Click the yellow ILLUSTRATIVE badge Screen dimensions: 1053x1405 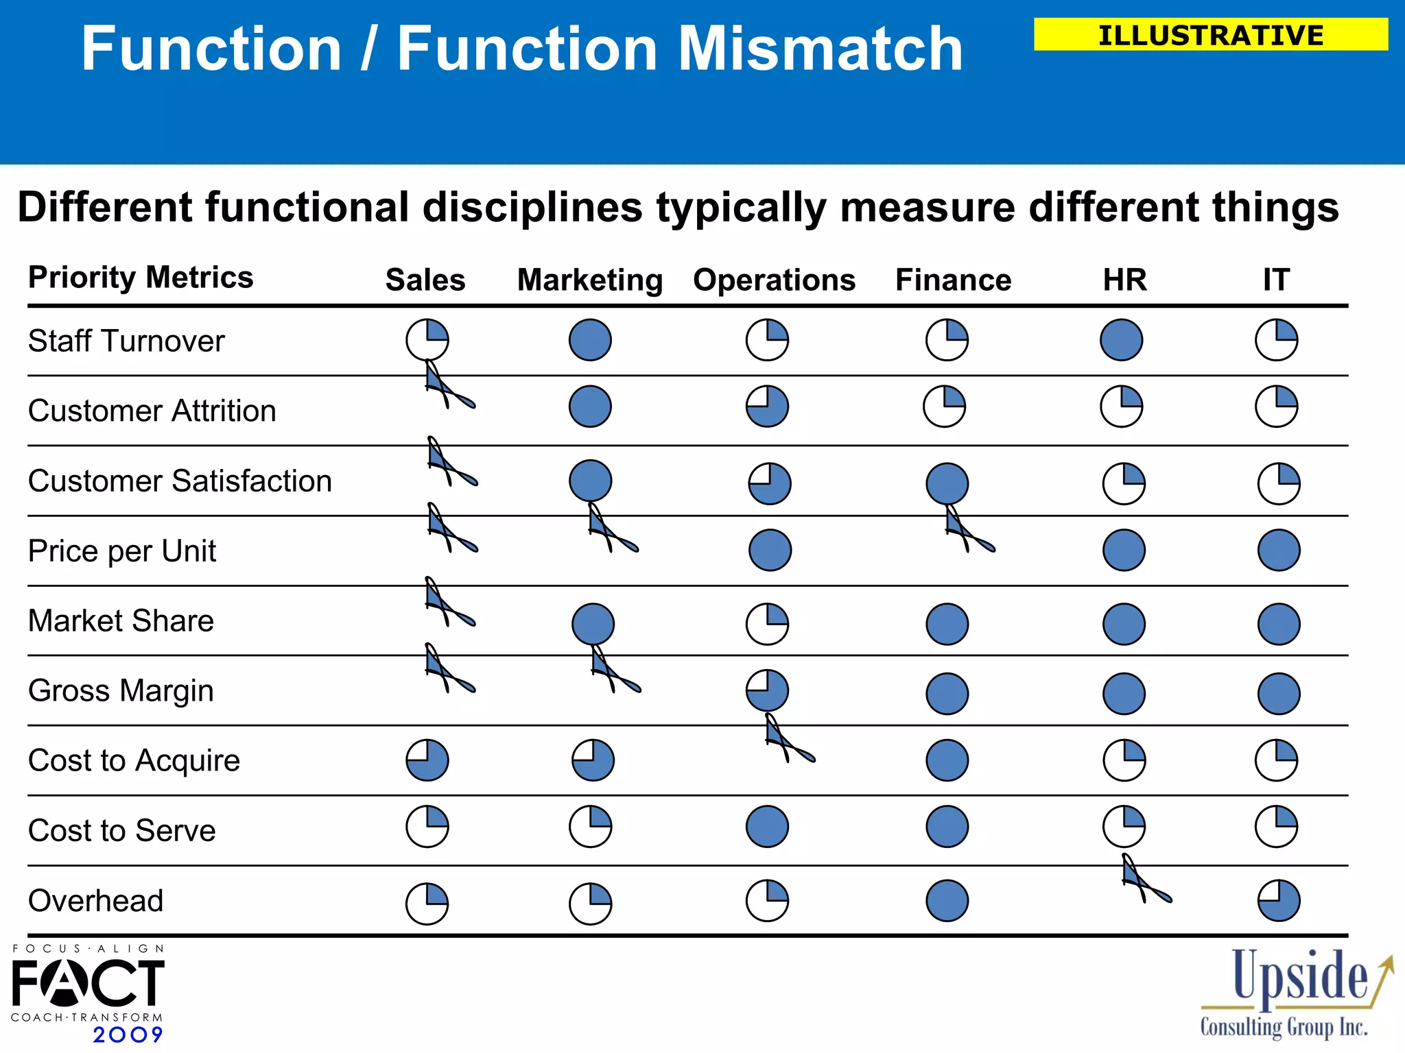point(1210,35)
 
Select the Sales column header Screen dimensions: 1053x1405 point(425,280)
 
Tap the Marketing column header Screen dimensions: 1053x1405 point(590,280)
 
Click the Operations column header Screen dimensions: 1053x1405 point(774,280)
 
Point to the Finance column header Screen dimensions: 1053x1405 point(953,280)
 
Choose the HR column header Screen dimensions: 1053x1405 point(1124,280)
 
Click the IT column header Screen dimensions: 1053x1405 point(1276,280)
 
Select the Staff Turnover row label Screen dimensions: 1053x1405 point(126,341)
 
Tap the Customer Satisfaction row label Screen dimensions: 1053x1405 point(180,481)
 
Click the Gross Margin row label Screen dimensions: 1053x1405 point(121,690)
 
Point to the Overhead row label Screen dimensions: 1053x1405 point(96,900)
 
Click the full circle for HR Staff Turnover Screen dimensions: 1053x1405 point(1121,339)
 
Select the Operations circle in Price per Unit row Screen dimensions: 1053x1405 point(770,550)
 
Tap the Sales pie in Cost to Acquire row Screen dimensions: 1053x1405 point(427,760)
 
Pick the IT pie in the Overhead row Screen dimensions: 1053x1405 point(1279,900)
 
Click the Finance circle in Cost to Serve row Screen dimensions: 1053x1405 point(947,826)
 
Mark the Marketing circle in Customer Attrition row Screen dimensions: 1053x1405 point(590,407)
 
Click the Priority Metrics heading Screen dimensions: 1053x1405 point(141,277)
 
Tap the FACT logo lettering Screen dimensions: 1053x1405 point(88,983)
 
